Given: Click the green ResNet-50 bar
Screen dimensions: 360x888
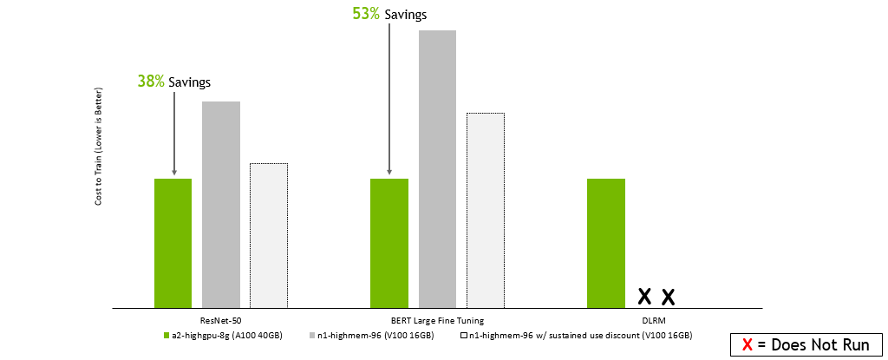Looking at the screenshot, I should [173, 243].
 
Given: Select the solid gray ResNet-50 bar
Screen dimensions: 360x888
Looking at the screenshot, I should [221, 205].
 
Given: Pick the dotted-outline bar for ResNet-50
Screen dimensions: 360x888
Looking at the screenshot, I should [269, 235].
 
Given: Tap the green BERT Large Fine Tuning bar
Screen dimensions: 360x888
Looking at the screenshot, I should [389, 243].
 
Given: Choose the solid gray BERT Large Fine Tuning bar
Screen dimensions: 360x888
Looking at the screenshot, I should [437, 169].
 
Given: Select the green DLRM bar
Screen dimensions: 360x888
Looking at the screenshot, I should [606, 243].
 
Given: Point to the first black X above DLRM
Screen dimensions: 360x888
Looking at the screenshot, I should [644, 297].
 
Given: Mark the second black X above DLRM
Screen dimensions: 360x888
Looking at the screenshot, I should [668, 297].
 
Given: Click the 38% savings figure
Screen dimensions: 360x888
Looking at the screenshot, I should [150, 81].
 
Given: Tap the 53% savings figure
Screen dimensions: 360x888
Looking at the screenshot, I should [366, 14].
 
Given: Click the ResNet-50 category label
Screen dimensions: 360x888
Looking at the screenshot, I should [220, 319].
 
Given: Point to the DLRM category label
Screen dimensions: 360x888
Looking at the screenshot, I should [653, 319].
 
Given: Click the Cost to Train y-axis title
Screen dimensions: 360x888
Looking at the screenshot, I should [99, 147].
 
